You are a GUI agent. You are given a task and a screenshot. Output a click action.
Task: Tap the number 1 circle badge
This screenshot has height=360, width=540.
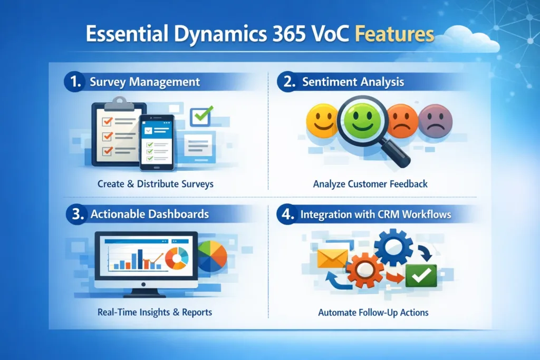[73, 82]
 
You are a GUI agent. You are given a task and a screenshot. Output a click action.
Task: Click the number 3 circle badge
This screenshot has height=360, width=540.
[73, 215]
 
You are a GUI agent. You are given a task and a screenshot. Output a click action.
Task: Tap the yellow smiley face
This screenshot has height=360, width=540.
[322, 120]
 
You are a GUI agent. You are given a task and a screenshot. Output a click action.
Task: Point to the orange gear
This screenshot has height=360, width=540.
[365, 270]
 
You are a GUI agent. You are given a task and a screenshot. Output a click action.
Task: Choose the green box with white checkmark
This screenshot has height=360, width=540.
[421, 275]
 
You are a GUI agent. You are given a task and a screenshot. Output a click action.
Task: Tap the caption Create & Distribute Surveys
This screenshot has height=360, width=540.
[156, 184]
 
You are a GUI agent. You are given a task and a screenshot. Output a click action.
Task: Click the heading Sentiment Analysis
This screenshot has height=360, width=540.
[353, 82]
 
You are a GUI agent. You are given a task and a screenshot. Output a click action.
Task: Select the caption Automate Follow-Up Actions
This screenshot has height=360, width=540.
[373, 313]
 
